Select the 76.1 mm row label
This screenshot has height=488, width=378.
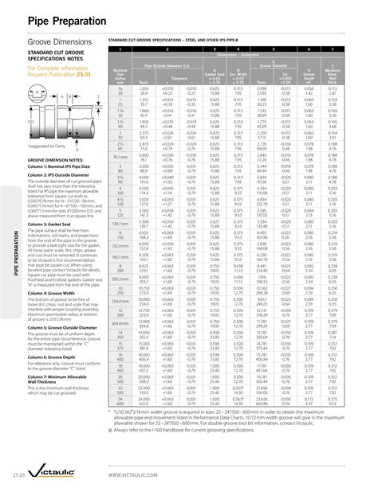[x=123, y=158]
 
